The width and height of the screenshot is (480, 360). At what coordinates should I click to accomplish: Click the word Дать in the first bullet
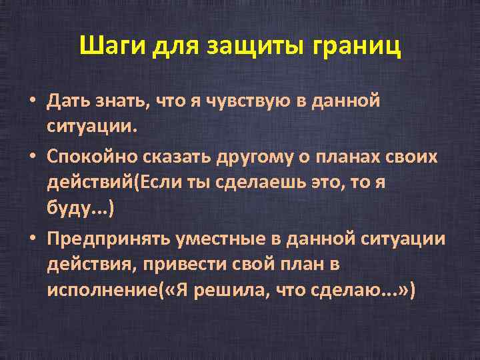[65, 101]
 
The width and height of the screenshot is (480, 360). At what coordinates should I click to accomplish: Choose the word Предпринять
[107, 237]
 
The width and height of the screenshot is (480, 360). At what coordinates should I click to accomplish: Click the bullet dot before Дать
[32, 102]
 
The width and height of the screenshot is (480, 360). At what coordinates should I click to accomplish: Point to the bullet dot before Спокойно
[32, 156]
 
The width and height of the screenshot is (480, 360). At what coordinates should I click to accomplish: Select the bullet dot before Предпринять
[32, 238]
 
